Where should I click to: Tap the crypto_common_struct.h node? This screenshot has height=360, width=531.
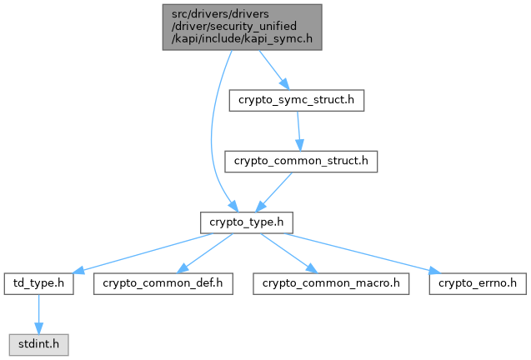tap(301, 161)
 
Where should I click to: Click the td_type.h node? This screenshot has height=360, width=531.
tap(38, 283)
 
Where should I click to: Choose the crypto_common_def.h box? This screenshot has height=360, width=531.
tap(162, 283)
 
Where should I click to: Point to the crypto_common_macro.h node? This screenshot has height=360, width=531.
tap(331, 283)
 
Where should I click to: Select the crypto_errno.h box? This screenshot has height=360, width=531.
tap(478, 283)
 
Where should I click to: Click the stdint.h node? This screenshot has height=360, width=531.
tap(38, 342)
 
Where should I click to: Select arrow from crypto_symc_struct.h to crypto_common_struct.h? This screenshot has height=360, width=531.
tap(298, 131)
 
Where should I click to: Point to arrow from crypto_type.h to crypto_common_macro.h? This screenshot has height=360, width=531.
tap(287, 252)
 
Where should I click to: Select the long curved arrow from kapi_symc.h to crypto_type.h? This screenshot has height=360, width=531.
tap(212, 133)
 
